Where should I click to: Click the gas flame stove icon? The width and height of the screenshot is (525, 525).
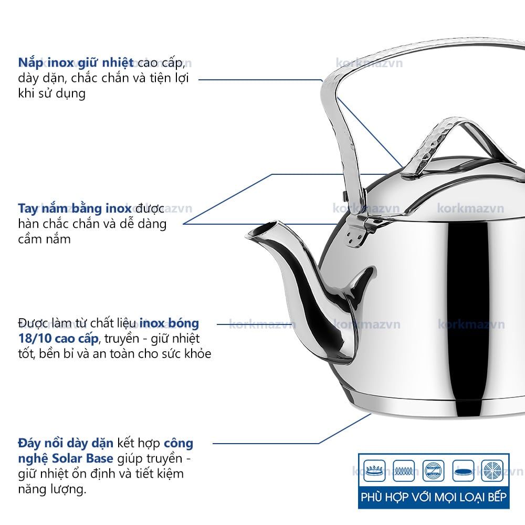pos(374,470)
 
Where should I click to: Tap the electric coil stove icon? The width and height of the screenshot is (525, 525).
pos(404,470)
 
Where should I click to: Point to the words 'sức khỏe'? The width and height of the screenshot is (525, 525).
pos(184,354)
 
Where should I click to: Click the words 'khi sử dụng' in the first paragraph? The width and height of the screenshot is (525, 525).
pos(51,94)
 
